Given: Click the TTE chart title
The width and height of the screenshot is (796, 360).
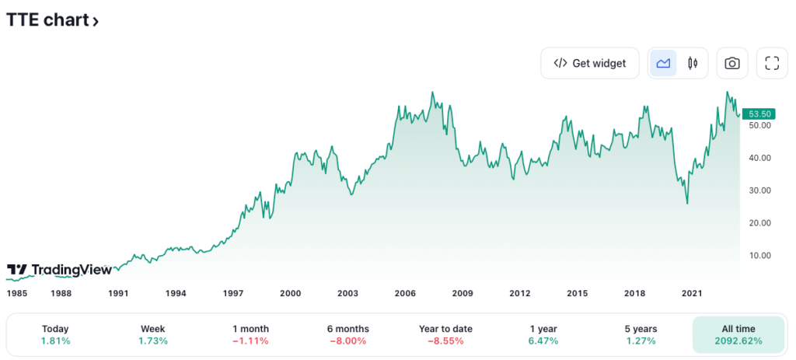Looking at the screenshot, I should tap(52, 21).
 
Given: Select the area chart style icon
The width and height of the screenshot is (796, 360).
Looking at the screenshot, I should tap(663, 64).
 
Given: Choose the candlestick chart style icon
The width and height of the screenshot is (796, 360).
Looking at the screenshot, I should tap(692, 64).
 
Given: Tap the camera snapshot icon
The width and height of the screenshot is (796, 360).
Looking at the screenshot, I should tap(731, 64).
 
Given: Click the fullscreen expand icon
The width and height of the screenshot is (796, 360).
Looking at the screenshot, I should tap(772, 64).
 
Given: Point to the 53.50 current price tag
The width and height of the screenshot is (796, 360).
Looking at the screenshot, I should tap(759, 113).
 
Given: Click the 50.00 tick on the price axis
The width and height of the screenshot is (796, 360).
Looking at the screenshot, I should tap(759, 125).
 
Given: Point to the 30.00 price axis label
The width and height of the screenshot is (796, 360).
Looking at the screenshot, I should tap(759, 190).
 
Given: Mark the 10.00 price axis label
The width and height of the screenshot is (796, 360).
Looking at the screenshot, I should tap(759, 256).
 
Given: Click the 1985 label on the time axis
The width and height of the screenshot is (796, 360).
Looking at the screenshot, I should tap(17, 293).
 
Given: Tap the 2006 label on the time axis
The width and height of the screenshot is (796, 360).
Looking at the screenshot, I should tap(405, 293).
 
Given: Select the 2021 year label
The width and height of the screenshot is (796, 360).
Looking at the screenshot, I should tap(692, 293).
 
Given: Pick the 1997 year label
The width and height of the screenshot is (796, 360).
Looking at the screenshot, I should tap(233, 293).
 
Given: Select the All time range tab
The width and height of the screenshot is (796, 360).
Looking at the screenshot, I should tap(738, 335).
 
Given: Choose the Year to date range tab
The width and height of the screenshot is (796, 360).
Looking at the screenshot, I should tap(445, 335).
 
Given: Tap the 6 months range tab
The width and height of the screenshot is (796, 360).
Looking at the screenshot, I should tap(347, 335).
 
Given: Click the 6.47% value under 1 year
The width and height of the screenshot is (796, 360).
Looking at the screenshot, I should tap(543, 341).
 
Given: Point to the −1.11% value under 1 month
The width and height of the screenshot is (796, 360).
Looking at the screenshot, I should tap(250, 341).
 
